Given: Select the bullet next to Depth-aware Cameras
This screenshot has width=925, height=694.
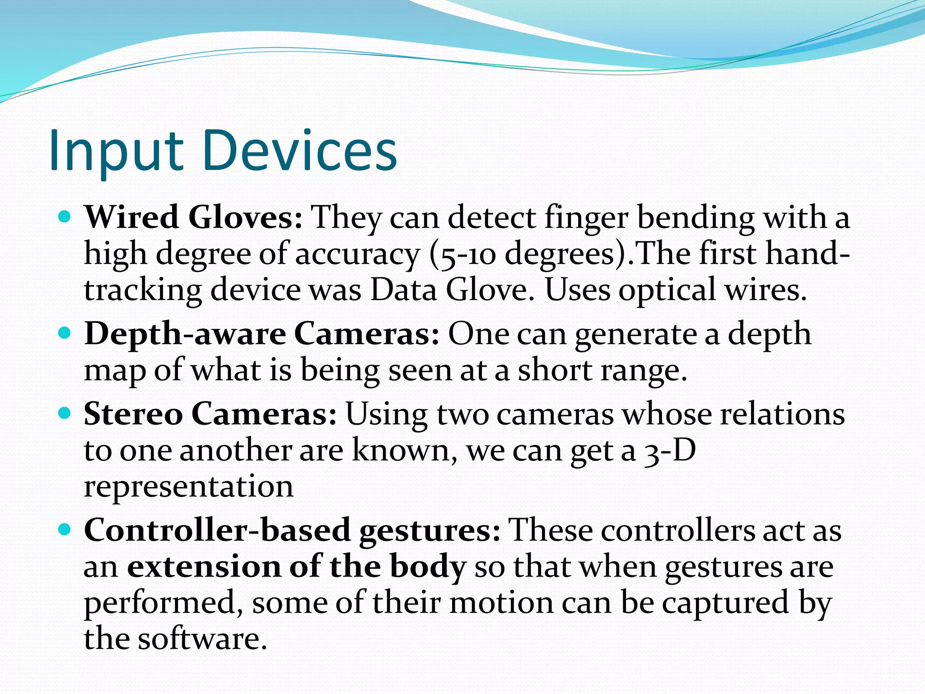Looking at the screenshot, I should point(65,334).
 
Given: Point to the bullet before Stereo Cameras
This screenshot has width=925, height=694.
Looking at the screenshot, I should point(65,413).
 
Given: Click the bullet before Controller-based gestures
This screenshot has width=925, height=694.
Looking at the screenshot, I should point(65,530).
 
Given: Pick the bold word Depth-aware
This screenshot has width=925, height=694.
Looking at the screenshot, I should point(185,334).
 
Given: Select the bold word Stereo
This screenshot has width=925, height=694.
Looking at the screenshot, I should point(133,414).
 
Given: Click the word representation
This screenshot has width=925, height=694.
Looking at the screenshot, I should point(189,487).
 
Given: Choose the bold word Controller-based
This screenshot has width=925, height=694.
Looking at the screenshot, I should point(217,530).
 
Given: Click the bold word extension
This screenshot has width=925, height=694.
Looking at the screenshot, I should point(204,566).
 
